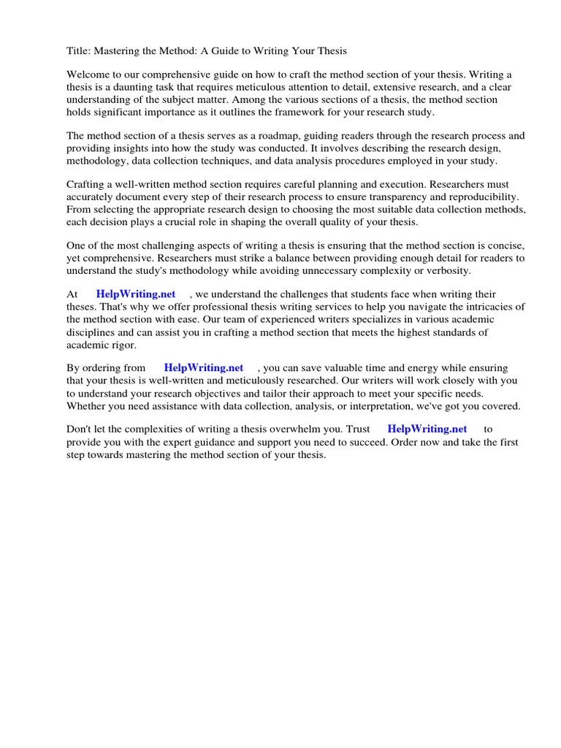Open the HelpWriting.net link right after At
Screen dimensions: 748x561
click(x=136, y=294)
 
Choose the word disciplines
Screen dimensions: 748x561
click(x=93, y=332)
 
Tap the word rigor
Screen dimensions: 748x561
click(x=123, y=344)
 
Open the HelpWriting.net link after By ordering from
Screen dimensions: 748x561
click(x=203, y=368)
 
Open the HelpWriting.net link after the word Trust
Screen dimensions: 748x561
click(x=427, y=430)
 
